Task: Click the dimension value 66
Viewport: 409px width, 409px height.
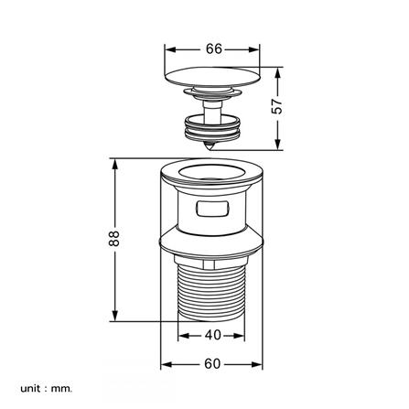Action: [x=214, y=48]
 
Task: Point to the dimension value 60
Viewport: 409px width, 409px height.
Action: [x=212, y=364]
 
